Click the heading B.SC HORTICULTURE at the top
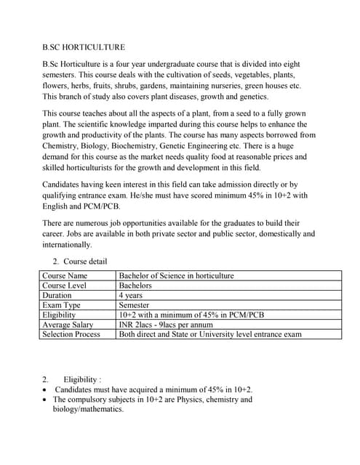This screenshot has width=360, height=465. coord(84,47)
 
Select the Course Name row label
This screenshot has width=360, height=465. coord(65,276)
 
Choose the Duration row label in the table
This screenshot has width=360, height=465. coord(57,296)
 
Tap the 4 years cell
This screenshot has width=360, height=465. coord(131,296)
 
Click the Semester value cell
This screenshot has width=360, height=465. coord(134,306)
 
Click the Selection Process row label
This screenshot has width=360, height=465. coord(71,335)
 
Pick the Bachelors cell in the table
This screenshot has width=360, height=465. coord(135,286)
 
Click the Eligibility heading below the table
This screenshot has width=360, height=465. coord(82,379)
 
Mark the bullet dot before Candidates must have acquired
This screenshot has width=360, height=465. coord(46,390)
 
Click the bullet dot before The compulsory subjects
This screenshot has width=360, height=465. coord(46,400)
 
